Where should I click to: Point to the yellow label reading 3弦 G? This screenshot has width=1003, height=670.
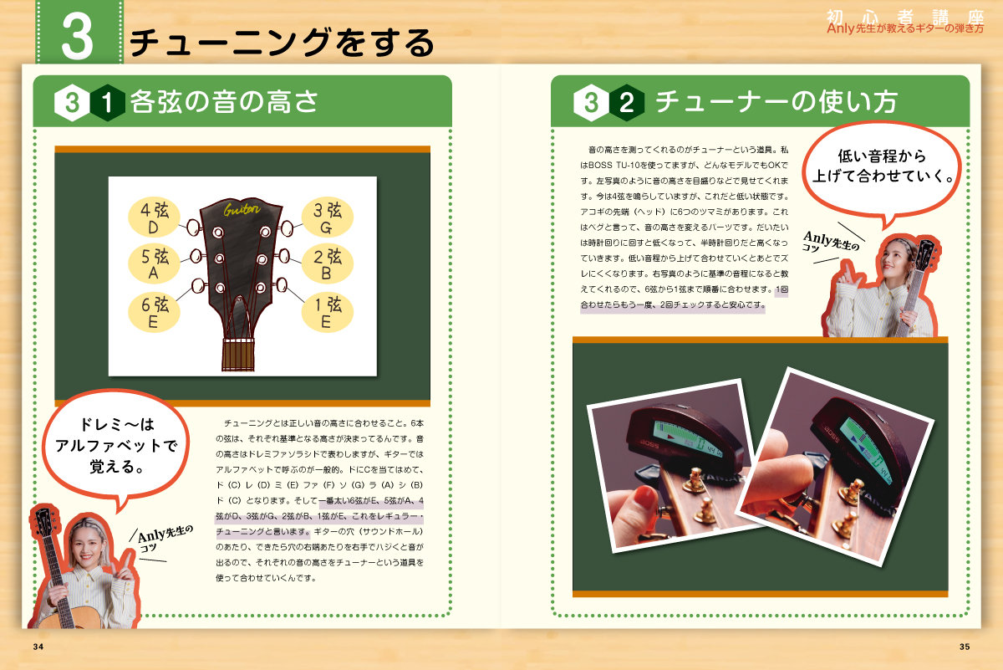pyautogui.click(x=327, y=217)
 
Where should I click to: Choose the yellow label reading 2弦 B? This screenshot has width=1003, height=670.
pyautogui.click(x=327, y=263)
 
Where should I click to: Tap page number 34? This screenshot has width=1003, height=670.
pyautogui.click(x=38, y=647)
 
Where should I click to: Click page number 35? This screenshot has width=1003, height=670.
pyautogui.click(x=965, y=647)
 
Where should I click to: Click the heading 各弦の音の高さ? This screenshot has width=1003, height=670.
pyautogui.click(x=225, y=102)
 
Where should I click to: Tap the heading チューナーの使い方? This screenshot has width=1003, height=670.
pyautogui.click(x=776, y=102)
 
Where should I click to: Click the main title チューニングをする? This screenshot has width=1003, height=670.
pyautogui.click(x=283, y=42)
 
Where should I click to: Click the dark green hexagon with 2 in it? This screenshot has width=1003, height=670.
pyautogui.click(x=626, y=103)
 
